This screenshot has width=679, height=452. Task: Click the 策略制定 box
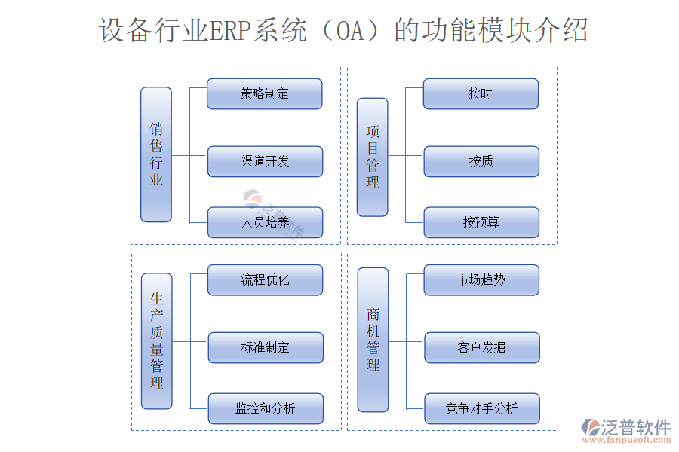265,94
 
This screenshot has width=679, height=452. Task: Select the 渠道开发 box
265,161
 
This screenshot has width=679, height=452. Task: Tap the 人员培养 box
265,222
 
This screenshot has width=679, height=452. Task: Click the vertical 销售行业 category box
156,154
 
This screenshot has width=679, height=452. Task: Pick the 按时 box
481,94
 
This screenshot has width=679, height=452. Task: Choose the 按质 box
481,161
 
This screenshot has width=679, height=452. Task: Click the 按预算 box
481,222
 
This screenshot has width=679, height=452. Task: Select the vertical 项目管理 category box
373,157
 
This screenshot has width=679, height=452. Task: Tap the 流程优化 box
265,280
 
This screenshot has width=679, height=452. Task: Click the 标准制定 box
266,347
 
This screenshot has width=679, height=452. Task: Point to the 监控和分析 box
266,408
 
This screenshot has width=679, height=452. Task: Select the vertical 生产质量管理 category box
157,341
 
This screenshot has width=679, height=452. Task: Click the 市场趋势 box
481,280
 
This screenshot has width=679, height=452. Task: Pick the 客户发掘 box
481,347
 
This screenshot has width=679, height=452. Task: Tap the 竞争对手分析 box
481,408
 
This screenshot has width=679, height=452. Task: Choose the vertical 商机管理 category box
373,340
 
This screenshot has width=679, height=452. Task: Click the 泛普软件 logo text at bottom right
635,427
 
